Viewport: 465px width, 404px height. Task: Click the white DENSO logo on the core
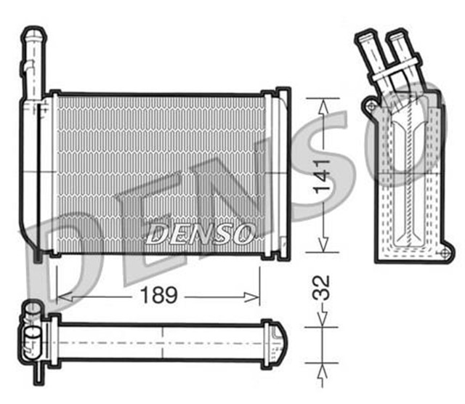(x=200, y=234)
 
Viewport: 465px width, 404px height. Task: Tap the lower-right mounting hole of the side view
(x=442, y=252)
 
